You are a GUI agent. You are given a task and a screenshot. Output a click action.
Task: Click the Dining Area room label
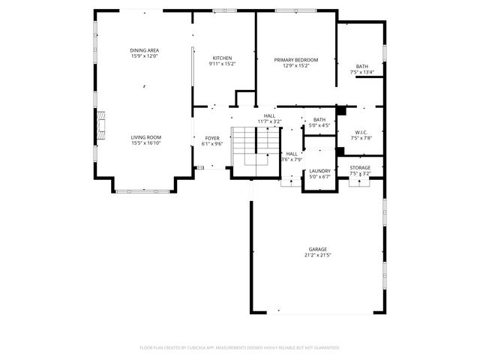click(145, 50)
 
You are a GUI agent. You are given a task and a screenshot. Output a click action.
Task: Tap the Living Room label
click(146, 137)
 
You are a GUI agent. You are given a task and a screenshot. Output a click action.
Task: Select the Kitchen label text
click(222, 58)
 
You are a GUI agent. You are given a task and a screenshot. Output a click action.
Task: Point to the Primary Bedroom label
click(295, 60)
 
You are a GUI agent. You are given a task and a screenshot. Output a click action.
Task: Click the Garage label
click(317, 249)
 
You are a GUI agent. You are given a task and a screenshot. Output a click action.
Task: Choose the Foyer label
click(212, 138)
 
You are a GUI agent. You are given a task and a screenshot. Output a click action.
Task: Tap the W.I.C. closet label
click(361, 133)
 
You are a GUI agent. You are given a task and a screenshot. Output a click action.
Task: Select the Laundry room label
click(320, 171)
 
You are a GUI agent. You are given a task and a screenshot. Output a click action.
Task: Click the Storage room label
click(360, 167)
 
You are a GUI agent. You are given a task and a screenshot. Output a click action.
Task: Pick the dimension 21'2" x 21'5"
click(317, 255)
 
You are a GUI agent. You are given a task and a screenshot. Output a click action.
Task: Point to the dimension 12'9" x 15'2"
click(295, 66)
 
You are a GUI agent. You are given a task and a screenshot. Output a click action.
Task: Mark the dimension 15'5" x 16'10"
click(146, 143)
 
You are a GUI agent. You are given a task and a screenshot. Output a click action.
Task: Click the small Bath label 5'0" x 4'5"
click(319, 122)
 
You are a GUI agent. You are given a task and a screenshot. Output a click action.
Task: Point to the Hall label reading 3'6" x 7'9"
click(291, 156)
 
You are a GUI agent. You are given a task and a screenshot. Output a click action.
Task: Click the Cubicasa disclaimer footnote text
click(240, 347)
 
